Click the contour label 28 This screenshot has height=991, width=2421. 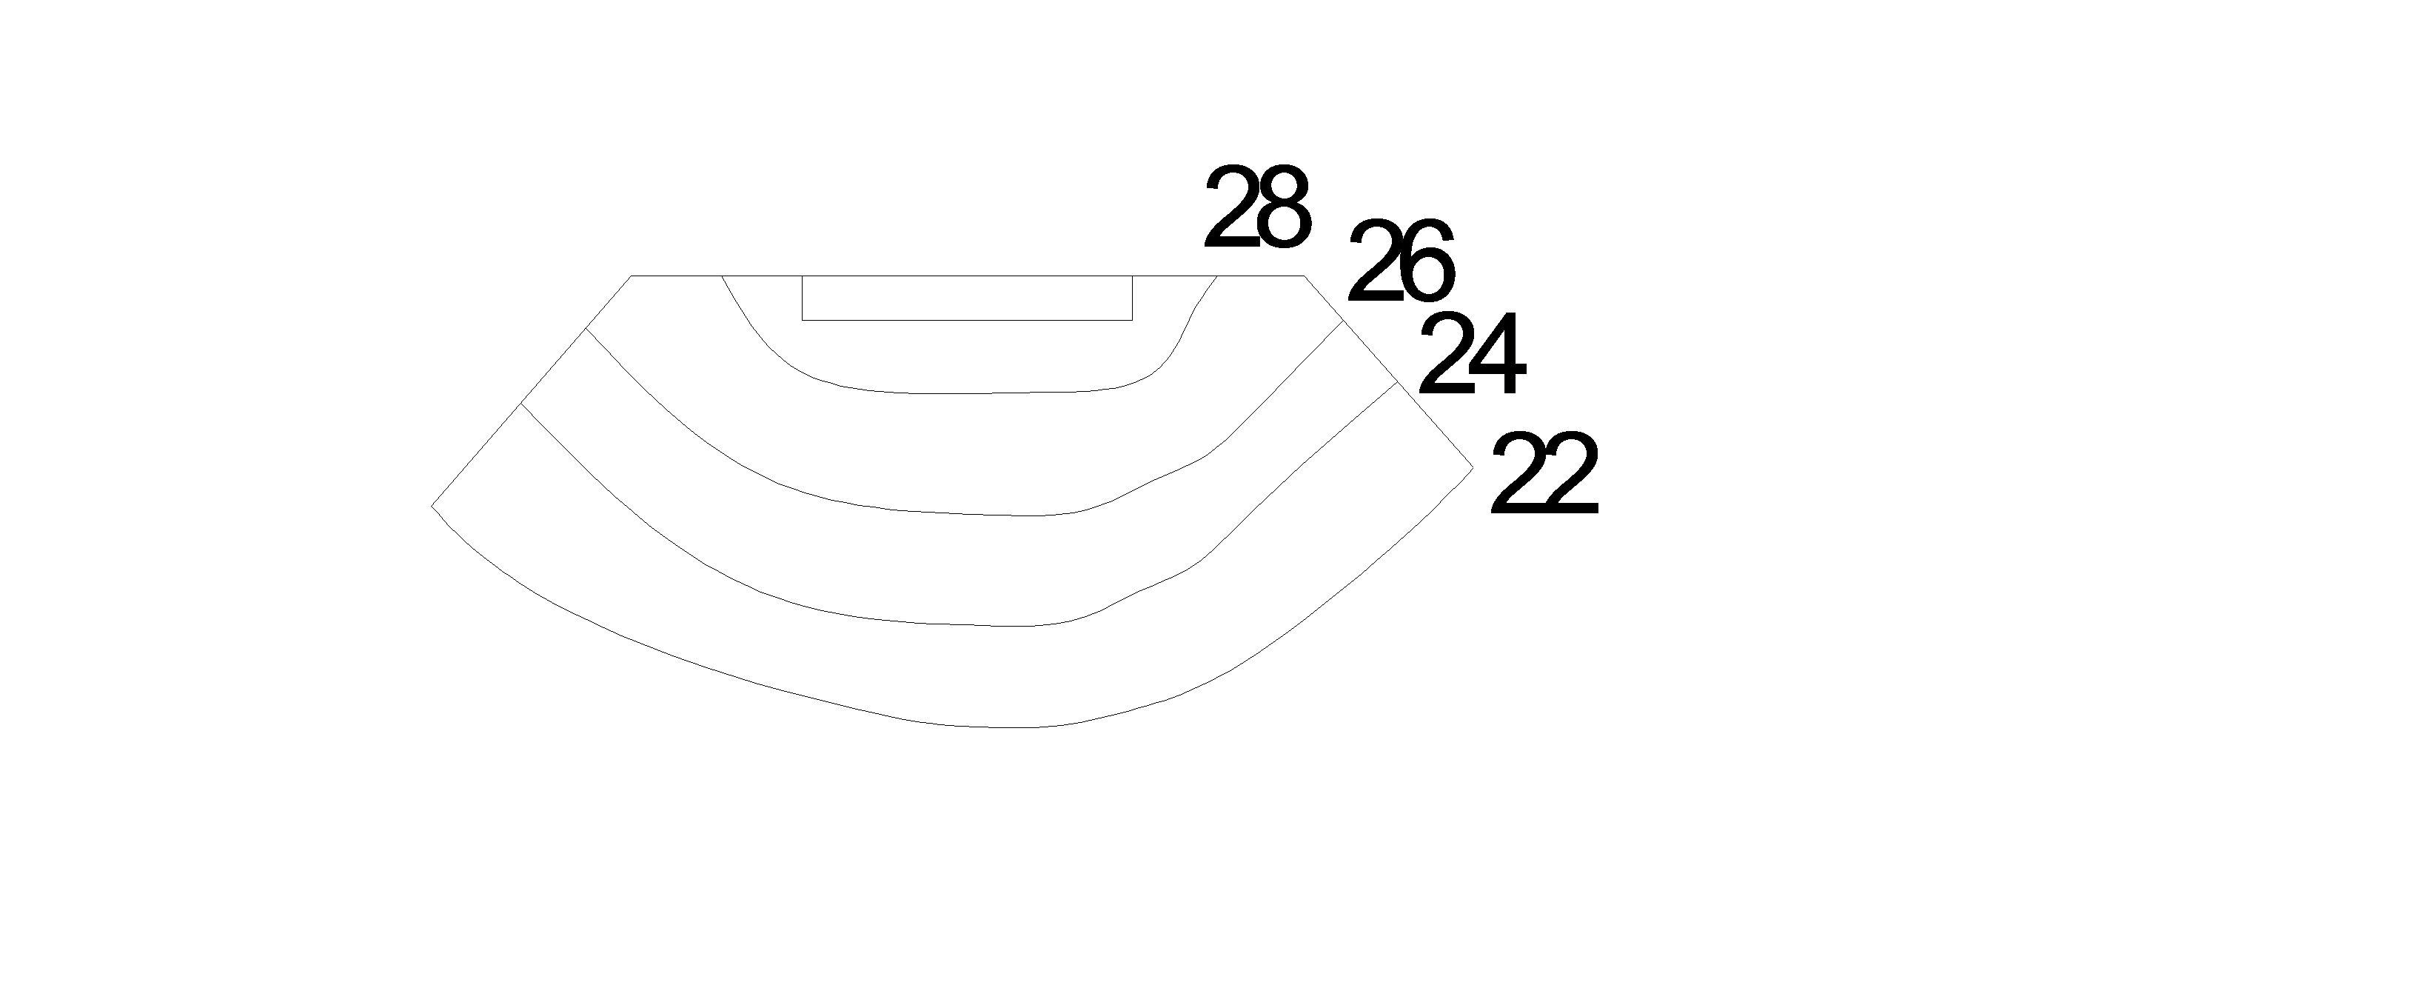1256,208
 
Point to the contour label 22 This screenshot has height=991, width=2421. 1544,474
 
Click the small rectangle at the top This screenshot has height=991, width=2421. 966,298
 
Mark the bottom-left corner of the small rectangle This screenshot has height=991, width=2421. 802,321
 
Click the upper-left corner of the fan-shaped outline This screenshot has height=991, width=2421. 631,276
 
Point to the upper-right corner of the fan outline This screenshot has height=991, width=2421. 1304,276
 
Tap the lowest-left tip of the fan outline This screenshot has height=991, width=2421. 432,506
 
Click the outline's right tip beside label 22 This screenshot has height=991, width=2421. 1473,467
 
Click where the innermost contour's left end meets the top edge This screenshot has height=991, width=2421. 722,276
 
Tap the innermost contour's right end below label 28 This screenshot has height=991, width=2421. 1217,276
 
